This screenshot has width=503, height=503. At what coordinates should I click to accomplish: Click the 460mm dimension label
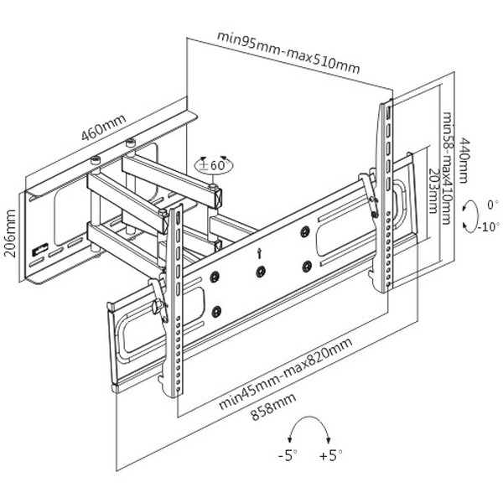tap(103, 127)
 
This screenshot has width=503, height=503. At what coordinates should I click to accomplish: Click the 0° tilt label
tap(492, 204)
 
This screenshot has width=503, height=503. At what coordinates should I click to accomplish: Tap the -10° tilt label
tap(489, 226)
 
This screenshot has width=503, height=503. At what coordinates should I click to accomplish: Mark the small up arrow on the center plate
tap(261, 249)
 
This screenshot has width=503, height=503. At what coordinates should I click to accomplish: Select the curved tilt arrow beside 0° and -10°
tap(467, 215)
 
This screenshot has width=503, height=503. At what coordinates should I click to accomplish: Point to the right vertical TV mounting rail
tap(386, 193)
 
